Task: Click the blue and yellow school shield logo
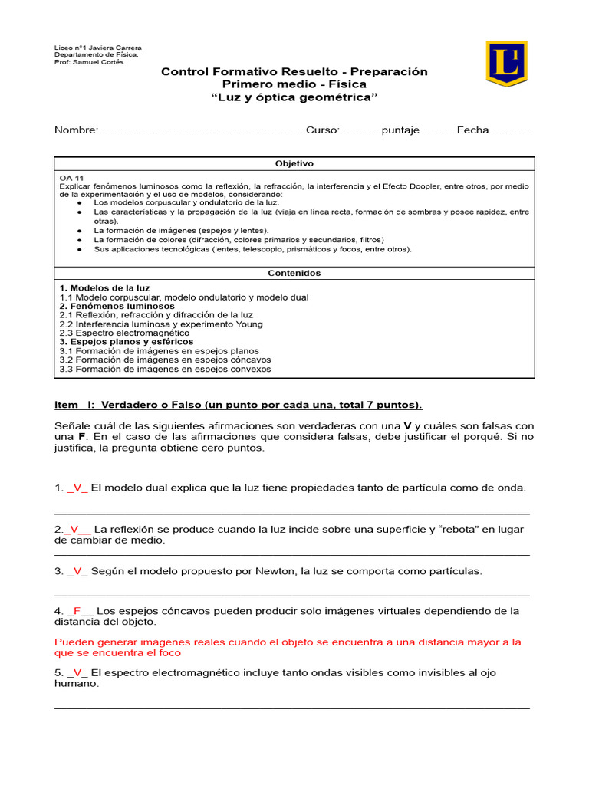coord(506,63)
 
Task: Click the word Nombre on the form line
coord(76,130)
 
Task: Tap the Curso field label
coord(322,130)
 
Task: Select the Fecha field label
coord(472,130)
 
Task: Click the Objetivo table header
coord(294,164)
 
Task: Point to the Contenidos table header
coord(294,273)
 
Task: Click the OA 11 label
coord(71,178)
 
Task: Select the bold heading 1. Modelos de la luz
coord(104,288)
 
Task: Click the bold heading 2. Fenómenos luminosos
coord(117,306)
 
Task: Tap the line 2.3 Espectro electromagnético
coord(124,333)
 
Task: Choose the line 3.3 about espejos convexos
coord(165,369)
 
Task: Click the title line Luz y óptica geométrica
coord(294,97)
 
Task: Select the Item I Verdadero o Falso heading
coord(239,405)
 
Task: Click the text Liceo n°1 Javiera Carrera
coord(97,48)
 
